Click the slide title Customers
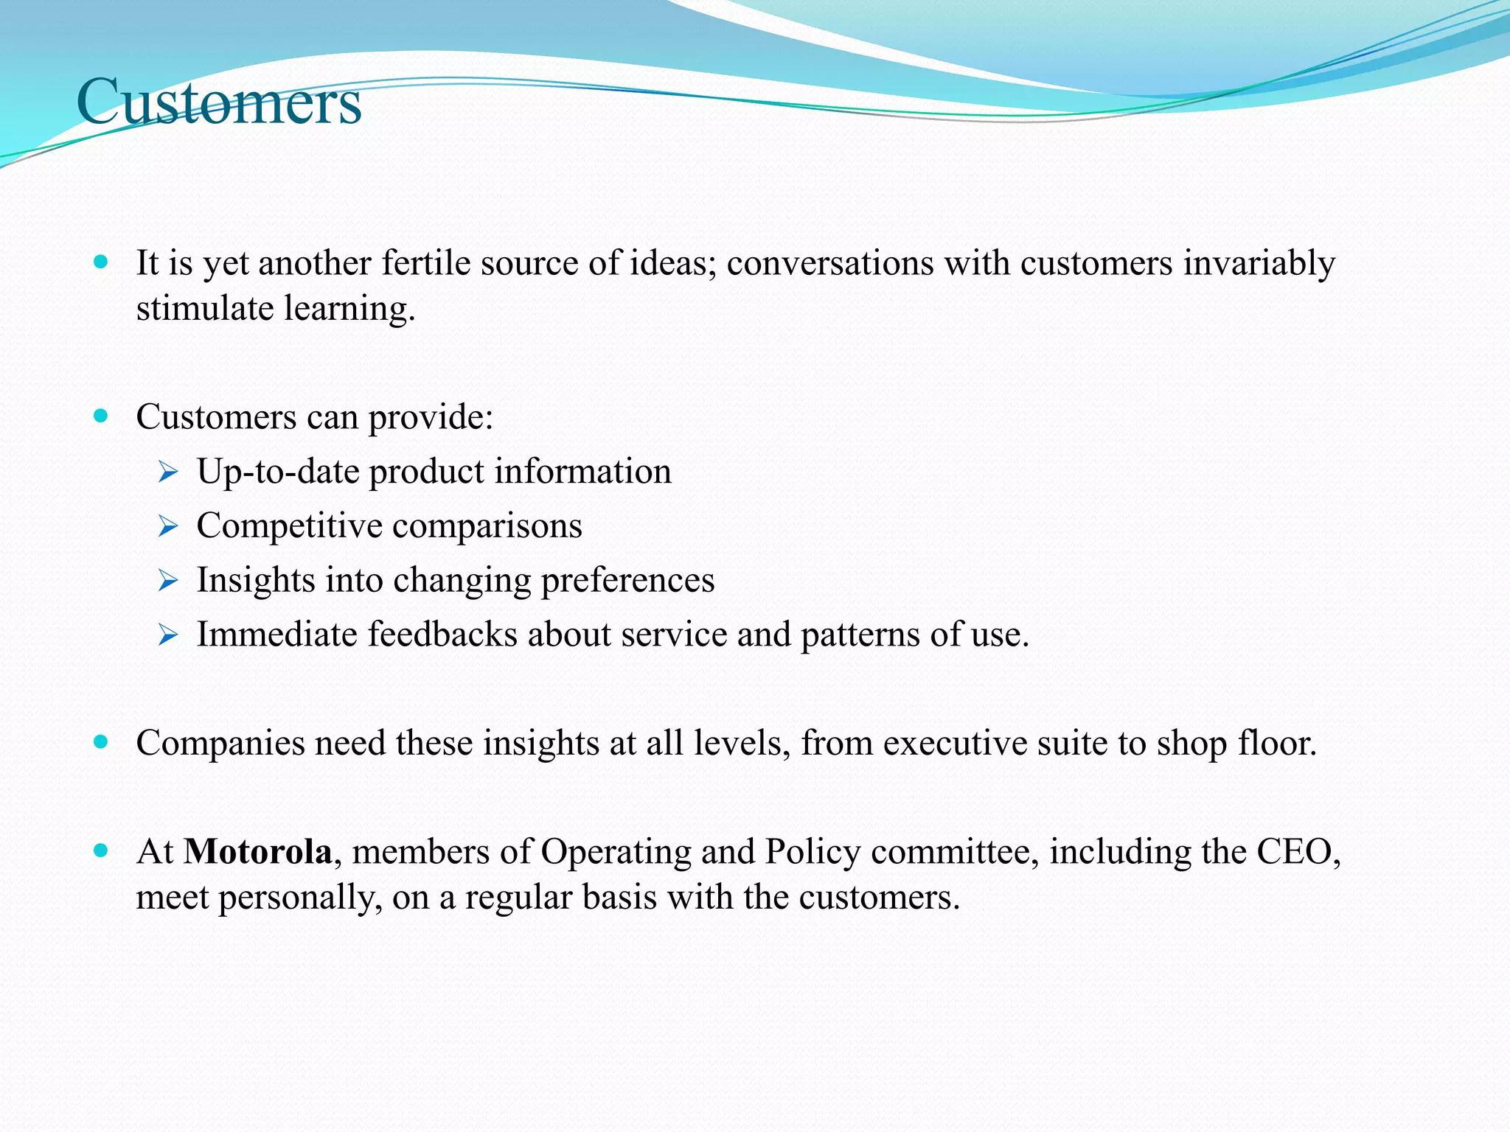[219, 102]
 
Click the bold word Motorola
[258, 852]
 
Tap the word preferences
[627, 581]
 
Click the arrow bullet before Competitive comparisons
[168, 526]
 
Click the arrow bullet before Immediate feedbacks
[168, 635]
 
